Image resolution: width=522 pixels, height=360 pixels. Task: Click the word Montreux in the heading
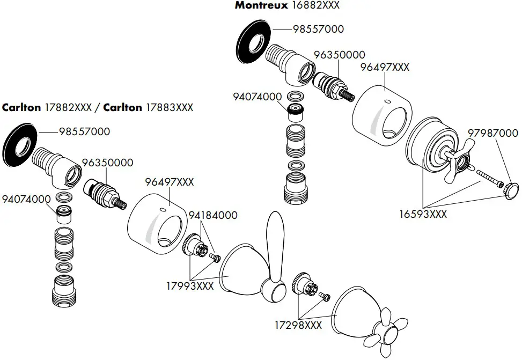pos(261,6)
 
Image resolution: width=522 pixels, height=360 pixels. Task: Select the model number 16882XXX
pos(315,6)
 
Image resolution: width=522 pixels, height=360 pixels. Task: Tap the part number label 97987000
pos(492,133)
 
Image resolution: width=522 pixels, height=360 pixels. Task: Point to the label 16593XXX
pos(423,214)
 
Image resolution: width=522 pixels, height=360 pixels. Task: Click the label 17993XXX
pos(190,286)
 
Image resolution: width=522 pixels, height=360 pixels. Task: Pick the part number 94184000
pos(213,215)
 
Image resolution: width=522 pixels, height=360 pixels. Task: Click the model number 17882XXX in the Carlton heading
pos(69,107)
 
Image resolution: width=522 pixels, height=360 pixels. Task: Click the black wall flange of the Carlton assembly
pos(20,145)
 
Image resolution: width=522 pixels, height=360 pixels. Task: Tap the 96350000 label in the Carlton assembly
pos(107,163)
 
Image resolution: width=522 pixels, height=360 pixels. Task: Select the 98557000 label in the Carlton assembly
pos(84,131)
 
